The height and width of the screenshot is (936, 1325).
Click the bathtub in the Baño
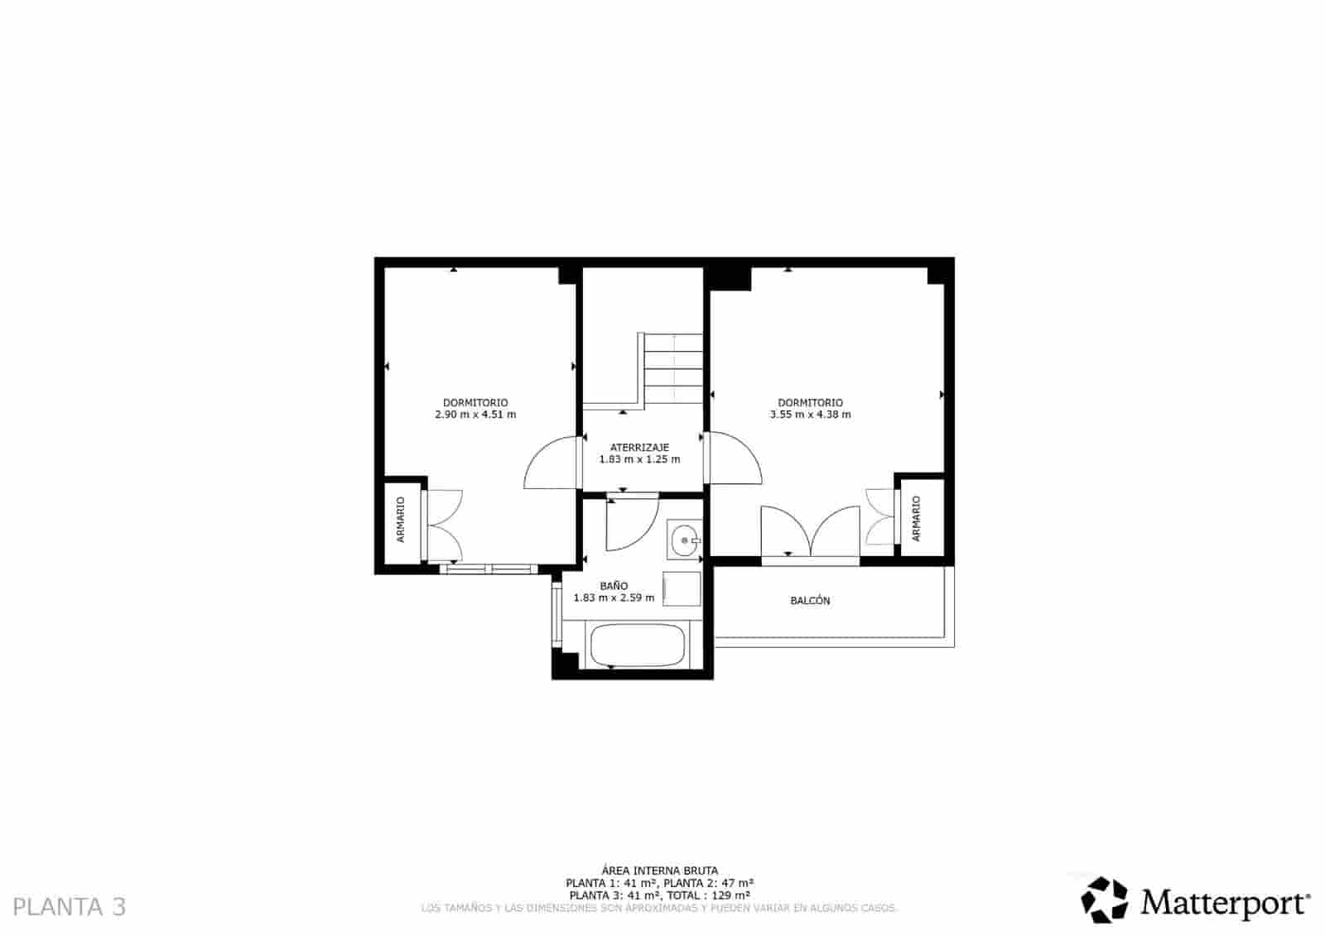pos(636,646)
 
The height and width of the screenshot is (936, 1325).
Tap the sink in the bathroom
pos(684,541)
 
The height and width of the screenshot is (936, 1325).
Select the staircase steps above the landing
pos(673,369)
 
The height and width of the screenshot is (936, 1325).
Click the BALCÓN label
pos(810,601)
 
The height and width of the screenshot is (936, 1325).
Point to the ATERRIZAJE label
pos(639,448)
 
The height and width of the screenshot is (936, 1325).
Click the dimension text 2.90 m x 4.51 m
pos(475,415)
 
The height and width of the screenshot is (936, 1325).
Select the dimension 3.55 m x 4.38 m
pos(810,415)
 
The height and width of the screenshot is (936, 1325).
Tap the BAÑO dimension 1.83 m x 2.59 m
pos(614,598)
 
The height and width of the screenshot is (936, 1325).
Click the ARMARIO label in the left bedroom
pos(401,520)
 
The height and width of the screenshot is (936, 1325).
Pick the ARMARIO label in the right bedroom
pos(916,519)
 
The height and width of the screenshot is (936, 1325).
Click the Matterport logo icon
pos(1105,900)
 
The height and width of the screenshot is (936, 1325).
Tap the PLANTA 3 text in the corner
pos(70,906)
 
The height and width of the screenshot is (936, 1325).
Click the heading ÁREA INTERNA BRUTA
pos(659,870)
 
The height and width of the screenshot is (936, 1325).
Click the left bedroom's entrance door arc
pos(550,463)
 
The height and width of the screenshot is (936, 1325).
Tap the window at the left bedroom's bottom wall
pos(488,569)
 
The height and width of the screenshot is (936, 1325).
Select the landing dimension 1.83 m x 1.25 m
pos(639,459)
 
